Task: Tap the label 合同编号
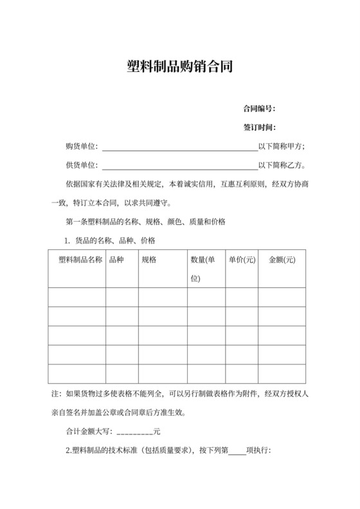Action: (x=259, y=107)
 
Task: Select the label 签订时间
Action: (x=259, y=127)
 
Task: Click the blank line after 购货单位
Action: (x=179, y=147)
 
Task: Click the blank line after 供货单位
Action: (x=179, y=166)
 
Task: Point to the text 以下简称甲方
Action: (x=282, y=145)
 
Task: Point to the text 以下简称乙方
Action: (x=282, y=165)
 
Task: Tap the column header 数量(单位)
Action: (x=203, y=269)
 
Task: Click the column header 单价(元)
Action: (x=242, y=260)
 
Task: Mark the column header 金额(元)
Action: (x=282, y=260)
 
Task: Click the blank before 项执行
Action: (x=237, y=451)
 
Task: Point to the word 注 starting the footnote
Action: (x=54, y=393)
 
